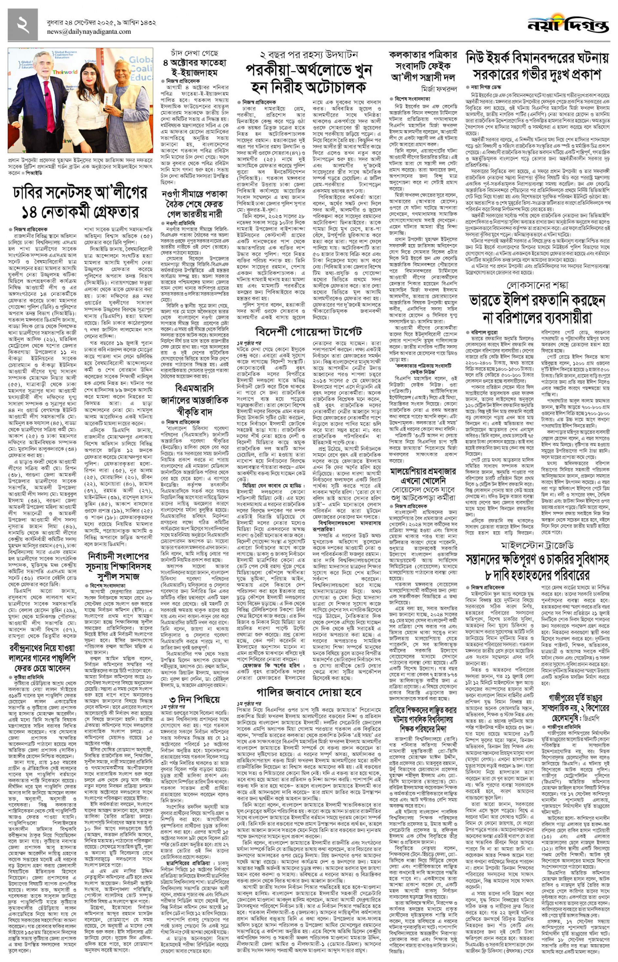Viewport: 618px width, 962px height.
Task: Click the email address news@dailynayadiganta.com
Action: click(89, 32)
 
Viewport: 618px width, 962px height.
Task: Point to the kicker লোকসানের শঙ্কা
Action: click(537, 285)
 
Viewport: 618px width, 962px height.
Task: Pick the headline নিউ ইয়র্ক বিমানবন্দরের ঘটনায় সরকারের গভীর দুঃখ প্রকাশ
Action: click(537, 66)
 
